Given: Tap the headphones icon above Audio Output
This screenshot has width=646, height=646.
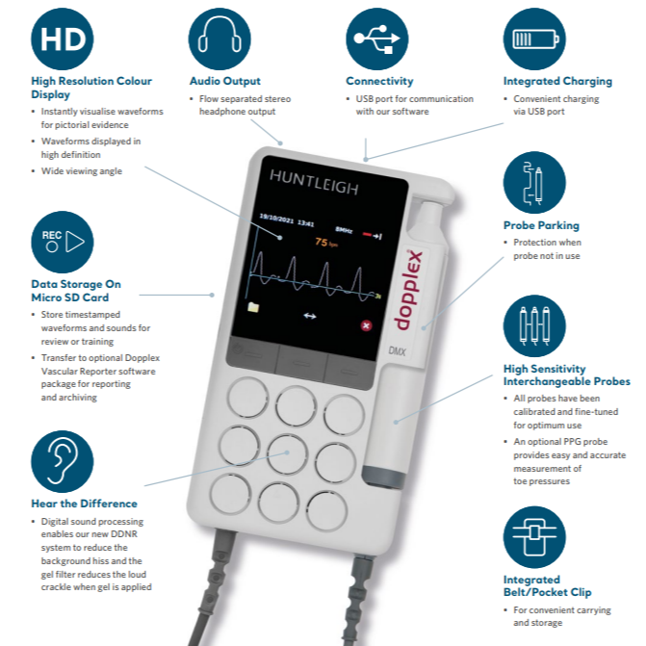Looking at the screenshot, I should click(x=220, y=39).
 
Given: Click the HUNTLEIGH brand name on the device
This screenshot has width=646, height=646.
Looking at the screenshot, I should click(x=314, y=186).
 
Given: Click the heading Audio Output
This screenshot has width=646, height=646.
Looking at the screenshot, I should click(x=224, y=82).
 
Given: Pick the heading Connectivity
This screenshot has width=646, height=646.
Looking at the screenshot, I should click(x=379, y=82).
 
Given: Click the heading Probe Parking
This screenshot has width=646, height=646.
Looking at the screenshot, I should click(x=541, y=226).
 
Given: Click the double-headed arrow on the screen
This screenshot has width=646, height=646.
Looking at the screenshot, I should click(x=310, y=315).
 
